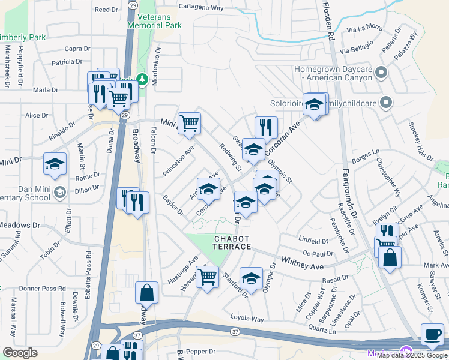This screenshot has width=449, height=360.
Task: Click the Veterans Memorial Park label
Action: [158, 21]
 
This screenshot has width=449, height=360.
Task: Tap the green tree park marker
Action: [142, 79]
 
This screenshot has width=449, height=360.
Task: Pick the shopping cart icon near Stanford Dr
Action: [208, 277]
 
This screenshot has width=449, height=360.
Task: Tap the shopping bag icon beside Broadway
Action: [146, 293]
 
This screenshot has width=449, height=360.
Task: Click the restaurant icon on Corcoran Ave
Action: [266, 127]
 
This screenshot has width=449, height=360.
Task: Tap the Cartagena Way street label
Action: [200, 8]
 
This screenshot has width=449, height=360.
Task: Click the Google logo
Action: [20, 352]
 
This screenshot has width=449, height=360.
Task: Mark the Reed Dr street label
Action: [106, 10]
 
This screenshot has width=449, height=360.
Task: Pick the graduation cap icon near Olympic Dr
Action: [251, 277]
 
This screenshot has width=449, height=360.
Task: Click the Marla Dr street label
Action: [46, 89]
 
